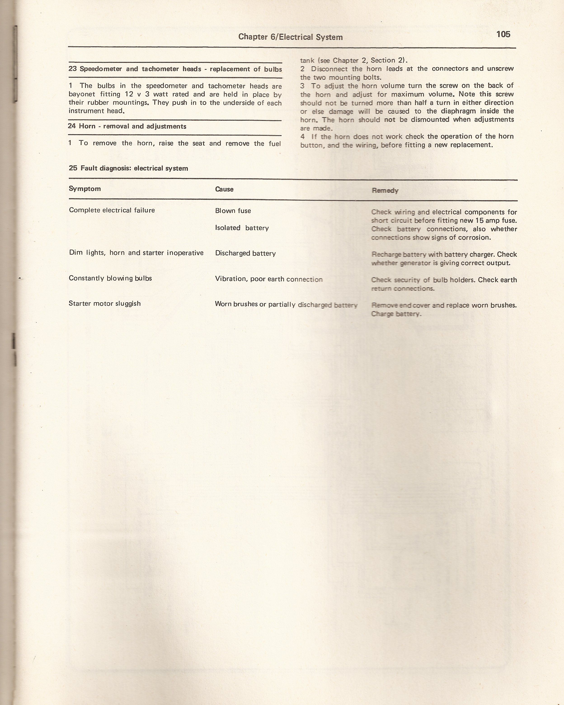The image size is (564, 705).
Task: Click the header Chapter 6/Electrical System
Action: tap(290, 37)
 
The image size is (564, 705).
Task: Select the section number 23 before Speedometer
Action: tap(73, 69)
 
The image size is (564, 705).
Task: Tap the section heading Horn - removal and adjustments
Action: tap(132, 126)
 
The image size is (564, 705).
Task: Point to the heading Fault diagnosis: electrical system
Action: tap(134, 168)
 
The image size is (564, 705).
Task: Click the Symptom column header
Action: tap(85, 189)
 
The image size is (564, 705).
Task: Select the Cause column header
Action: tap(224, 189)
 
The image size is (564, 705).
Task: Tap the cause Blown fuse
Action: tap(233, 211)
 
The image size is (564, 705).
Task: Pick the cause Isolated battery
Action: tap(242, 228)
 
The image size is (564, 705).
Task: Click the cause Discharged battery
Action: tap(245, 254)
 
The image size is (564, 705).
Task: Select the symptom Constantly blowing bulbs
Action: tap(110, 278)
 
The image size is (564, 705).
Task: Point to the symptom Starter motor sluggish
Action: tap(105, 303)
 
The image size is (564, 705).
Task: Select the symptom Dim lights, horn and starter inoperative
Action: tap(136, 253)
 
